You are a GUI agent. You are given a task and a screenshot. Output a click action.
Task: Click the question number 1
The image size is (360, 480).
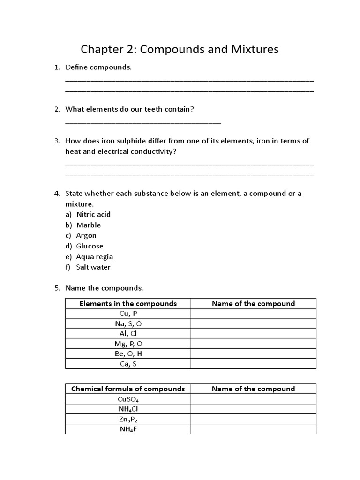[57, 67]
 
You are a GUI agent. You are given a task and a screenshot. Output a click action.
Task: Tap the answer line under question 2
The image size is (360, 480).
[143, 122]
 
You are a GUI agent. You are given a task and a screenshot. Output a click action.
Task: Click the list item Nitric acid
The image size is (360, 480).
[93, 214]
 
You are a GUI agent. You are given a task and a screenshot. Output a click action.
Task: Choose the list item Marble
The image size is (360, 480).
[89, 225]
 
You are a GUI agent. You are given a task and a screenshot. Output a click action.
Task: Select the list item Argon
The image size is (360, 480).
[86, 235]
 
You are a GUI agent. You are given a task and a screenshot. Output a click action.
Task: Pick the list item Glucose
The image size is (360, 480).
[90, 246]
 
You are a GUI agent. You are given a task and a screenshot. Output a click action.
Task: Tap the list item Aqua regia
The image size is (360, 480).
[95, 256]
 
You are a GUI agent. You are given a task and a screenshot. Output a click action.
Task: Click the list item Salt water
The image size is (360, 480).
[93, 267]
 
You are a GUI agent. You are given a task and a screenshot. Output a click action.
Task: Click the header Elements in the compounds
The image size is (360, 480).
[128, 303]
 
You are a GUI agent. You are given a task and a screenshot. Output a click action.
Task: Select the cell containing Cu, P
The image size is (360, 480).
[128, 314]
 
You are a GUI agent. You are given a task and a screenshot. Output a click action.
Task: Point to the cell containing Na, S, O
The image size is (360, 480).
[128, 323]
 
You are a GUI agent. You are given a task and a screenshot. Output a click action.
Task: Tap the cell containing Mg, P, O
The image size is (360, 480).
[128, 344]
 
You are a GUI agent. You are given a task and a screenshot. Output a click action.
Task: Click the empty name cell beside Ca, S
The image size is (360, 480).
[253, 364]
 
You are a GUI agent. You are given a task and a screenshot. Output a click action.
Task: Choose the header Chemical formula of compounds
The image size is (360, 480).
[128, 389]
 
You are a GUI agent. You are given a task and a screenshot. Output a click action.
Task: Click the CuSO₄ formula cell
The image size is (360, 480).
[128, 399]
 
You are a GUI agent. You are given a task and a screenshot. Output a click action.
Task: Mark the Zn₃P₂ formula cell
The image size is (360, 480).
[128, 419]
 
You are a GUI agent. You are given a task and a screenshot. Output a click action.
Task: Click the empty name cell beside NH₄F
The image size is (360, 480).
[253, 429]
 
